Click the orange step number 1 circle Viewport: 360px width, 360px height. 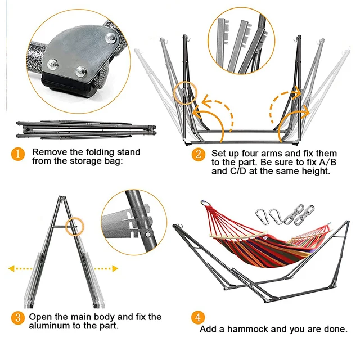(x=19, y=154)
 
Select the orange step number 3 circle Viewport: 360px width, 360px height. (x=19, y=318)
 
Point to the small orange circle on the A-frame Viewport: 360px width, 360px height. (x=74, y=227)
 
